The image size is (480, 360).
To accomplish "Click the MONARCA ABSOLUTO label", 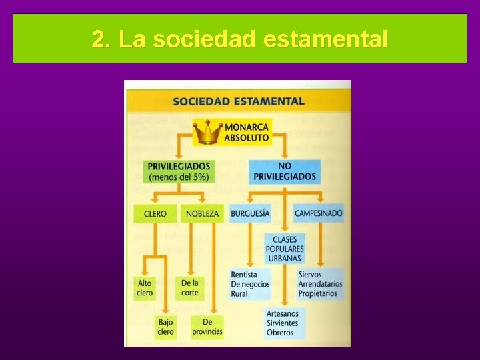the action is pos(247,133).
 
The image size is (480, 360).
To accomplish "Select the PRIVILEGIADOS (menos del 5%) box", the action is pos(179,171).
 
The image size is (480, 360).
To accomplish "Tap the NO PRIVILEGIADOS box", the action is pos(285,171).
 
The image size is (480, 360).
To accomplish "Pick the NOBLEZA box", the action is pos(202,213).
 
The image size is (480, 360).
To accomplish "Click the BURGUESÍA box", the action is pos(250,213).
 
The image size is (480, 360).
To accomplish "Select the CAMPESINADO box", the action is pos(319,213).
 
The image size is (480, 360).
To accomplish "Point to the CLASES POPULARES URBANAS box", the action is pos(285,249).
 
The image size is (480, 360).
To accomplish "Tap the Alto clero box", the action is pos(145,288).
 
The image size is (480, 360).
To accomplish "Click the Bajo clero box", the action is pos(165,327).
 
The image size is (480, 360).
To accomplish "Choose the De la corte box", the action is pos(190,288).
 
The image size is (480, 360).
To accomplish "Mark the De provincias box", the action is pos(207,327).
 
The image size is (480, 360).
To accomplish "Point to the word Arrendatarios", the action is pos(320,284).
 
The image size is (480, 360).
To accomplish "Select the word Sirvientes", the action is pos(283,323).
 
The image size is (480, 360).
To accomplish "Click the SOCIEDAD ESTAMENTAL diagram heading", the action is pos(238,102).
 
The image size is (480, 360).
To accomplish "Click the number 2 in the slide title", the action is pos(98,39).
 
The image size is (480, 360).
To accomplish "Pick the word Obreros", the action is pos(280,332).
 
